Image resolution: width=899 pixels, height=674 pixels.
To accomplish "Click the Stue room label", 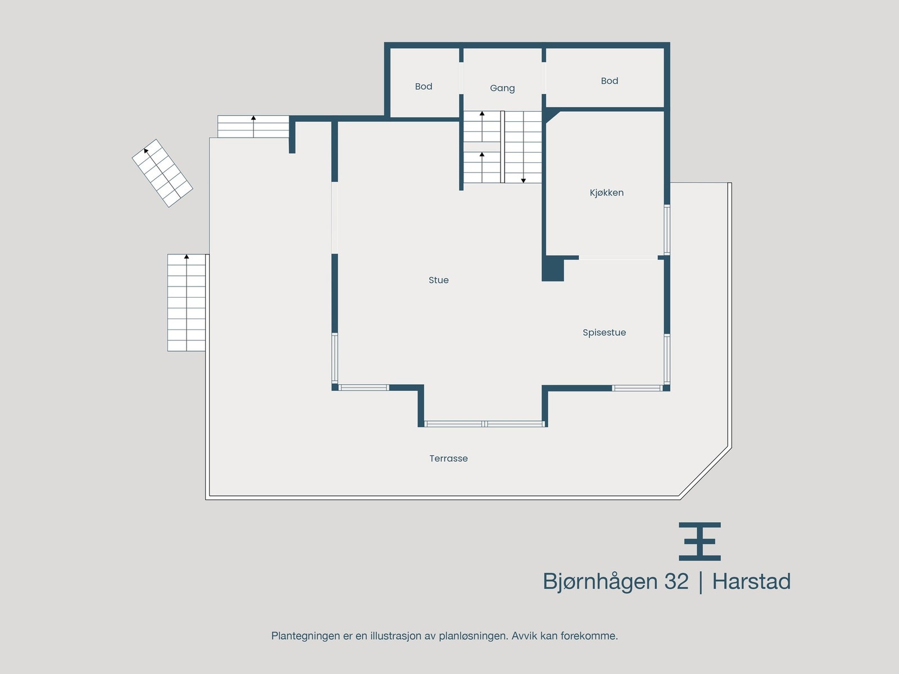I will pos(438,280).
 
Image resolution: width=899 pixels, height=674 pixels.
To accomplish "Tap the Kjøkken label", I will pos(606,193).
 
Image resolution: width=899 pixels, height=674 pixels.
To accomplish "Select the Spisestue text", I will pos(604,333).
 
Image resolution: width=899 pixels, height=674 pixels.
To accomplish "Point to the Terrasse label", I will pos(448,458).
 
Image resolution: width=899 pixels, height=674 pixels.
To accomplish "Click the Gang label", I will pos(502,88).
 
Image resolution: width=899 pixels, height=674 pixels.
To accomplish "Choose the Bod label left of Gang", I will pos(424,86).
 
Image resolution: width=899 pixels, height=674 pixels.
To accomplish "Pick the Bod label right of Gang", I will pos(609,81).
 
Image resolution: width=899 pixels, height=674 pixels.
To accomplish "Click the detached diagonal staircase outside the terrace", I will pos(162,173).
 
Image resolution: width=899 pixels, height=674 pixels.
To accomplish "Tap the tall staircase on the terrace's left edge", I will pos(187,303).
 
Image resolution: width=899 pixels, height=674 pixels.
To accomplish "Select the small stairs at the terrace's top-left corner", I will pos(253,126).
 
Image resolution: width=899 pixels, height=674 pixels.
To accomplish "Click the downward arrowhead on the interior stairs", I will pos(523,180).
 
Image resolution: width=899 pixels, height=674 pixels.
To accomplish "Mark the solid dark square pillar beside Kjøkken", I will pos(552,269).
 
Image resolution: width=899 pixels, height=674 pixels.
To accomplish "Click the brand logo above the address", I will pos(700,541).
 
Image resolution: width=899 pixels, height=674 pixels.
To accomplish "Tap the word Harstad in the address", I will pos(751,581).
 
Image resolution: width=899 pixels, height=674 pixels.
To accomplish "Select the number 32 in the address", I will pos(676,581).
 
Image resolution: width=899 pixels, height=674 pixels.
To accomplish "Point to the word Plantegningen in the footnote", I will pos(306,636).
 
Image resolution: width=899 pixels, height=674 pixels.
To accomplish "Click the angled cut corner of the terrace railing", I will pos(705,472).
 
